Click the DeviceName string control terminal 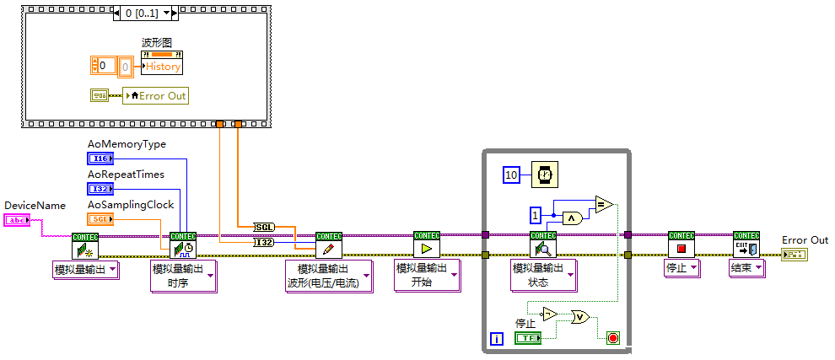pos(16,220)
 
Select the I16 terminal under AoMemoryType pos(99,159)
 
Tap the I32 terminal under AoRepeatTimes pos(99,189)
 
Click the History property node pos(161,67)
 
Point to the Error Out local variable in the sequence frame pos(155,95)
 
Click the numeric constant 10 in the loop pos(511,175)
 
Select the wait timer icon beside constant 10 pos(544,175)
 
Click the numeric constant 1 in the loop pos(535,214)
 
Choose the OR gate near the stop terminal pos(580,317)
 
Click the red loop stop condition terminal pos(613,338)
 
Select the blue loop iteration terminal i pos(496,339)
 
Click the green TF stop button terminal pos(528,338)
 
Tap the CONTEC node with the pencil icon pos(328,245)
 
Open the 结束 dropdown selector pos(746,268)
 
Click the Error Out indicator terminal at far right pos(793,254)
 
